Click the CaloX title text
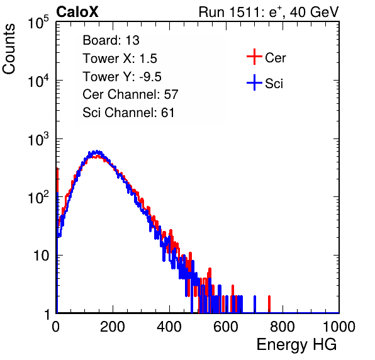tap(77, 12)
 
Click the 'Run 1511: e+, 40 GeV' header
tap(269, 12)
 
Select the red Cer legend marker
tap(254, 57)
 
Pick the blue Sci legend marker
tap(254, 82)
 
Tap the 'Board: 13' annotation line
tap(111, 40)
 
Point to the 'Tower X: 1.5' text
tap(120, 59)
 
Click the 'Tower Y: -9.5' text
tap(122, 77)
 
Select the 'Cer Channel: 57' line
tap(130, 94)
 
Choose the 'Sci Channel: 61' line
tap(128, 113)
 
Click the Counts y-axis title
tap(9, 49)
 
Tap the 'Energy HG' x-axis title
tap(296, 345)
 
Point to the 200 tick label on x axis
tap(113, 327)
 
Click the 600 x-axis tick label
tap(226, 327)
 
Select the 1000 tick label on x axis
tap(339, 327)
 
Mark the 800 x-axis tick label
tap(283, 327)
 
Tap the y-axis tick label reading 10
tap(41, 256)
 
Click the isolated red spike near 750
tap(269, 304)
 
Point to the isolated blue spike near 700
tap(255, 304)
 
